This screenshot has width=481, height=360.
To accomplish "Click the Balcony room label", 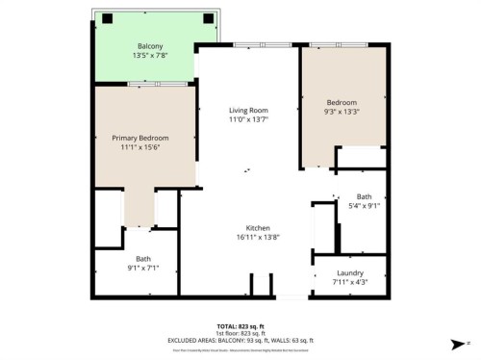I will (x=149, y=46).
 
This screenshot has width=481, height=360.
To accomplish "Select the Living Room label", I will (x=246, y=110).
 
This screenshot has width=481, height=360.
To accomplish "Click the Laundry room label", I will (x=349, y=272).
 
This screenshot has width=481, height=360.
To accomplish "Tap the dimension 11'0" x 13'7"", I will (x=246, y=119).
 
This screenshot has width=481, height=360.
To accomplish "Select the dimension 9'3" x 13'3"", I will (x=342, y=112).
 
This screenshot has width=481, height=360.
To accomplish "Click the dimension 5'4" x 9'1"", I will (x=364, y=205).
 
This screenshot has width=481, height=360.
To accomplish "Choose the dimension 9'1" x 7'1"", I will (x=142, y=268).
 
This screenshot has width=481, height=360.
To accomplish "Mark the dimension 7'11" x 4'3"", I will (x=349, y=282).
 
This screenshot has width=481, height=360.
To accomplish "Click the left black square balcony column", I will (x=107, y=18).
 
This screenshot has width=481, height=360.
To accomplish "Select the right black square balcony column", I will (x=207, y=18).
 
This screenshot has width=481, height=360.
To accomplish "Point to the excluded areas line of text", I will (x=240, y=340).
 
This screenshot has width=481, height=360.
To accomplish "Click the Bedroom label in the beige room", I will (x=342, y=102).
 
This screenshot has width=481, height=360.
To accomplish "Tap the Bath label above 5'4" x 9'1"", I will (x=364, y=195).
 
